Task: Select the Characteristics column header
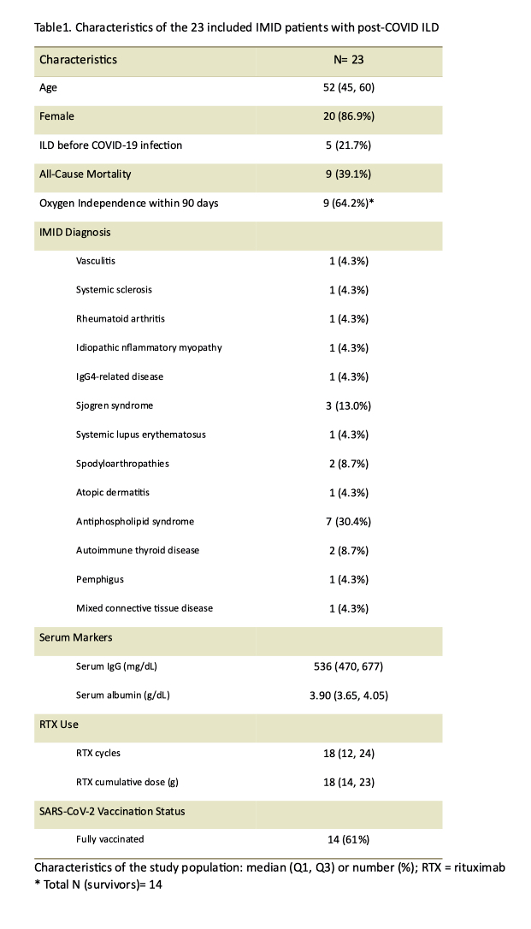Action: pyautogui.click(x=79, y=60)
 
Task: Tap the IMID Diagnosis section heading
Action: pyautogui.click(x=75, y=232)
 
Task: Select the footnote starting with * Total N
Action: pyautogui.click(x=98, y=885)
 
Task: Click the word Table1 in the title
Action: pyautogui.click(x=52, y=27)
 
